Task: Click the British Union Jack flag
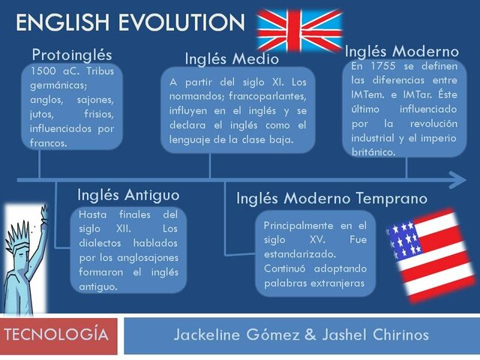click(x=299, y=30)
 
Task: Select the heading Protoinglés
click(x=72, y=55)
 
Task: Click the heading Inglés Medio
click(x=232, y=58)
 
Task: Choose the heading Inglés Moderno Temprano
click(x=331, y=199)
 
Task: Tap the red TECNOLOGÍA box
click(x=59, y=335)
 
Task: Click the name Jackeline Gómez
click(x=236, y=335)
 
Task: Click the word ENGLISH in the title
click(x=61, y=22)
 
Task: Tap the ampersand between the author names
click(x=310, y=335)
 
